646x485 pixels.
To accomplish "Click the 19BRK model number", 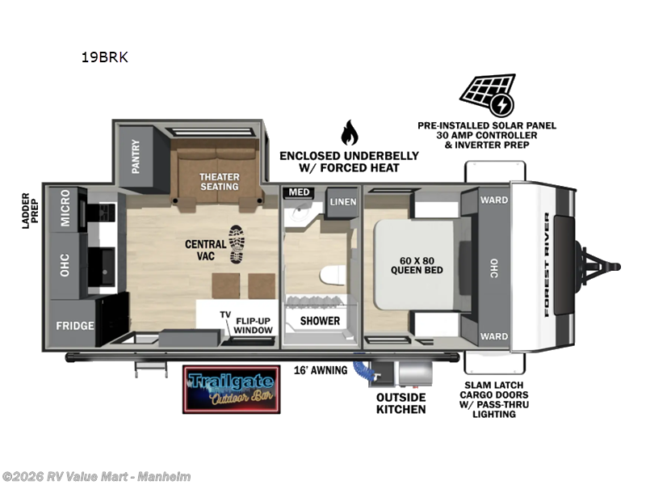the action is coord(105,57).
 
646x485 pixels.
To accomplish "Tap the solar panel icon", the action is coord(488,95).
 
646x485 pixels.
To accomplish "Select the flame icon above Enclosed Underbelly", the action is coord(350,133).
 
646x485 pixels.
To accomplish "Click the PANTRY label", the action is coord(136,156).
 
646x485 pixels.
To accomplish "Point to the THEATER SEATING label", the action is coord(219,182).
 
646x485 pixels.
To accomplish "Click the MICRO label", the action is coord(65,208).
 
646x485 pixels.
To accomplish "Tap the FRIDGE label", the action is coord(75,326).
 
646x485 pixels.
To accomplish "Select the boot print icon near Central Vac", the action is coord(237,244).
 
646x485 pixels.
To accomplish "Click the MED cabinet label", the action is coord(299,192).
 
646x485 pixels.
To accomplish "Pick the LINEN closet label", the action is coord(342,201).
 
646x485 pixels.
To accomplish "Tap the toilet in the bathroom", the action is coord(333,276).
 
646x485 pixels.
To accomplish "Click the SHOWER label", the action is coord(320,321).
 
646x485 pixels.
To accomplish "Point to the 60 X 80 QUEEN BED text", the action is coord(417,266).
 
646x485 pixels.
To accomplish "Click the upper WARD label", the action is coord(494,200).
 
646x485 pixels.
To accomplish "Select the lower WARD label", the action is coord(494,336).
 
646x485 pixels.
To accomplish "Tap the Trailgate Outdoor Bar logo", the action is coord(232,390).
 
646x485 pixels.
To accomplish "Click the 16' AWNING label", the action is coord(321,370).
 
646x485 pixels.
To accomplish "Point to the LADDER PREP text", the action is coord(30,211).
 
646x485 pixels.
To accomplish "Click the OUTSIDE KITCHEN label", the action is coord(401,403).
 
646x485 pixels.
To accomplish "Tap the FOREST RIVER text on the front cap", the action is coord(547,264).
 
